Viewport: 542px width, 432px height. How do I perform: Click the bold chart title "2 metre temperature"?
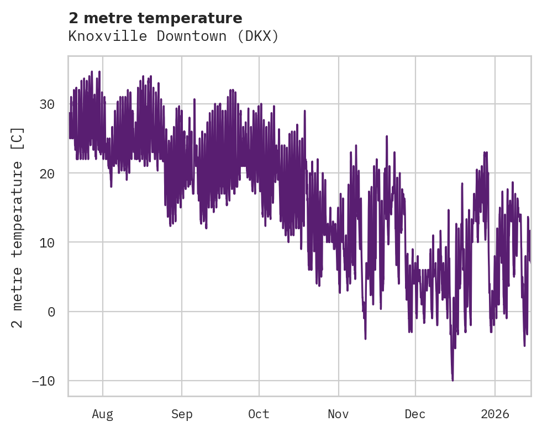point(155,18)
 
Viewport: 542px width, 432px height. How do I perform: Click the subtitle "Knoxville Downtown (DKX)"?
point(173,36)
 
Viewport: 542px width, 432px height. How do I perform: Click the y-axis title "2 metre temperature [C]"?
point(18,227)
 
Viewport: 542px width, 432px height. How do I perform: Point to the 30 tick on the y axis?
point(47,104)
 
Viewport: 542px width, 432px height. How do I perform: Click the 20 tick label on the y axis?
point(47,173)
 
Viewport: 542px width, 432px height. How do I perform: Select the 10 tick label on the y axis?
point(47,243)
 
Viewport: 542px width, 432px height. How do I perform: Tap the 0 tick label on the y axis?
point(51,312)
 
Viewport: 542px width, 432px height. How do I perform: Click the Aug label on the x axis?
point(102,414)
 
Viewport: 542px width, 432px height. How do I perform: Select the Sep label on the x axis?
point(182,414)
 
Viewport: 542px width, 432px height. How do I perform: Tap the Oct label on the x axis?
point(259,414)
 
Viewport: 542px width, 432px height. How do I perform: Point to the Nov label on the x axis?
point(338,414)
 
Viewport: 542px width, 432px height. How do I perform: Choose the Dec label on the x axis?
point(415,414)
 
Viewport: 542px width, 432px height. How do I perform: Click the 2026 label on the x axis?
point(495,414)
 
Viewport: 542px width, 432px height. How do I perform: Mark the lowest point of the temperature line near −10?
point(452,380)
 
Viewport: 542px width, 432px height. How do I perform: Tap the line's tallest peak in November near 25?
point(387,136)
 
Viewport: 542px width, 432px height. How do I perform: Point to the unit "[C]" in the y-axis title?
point(18,138)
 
